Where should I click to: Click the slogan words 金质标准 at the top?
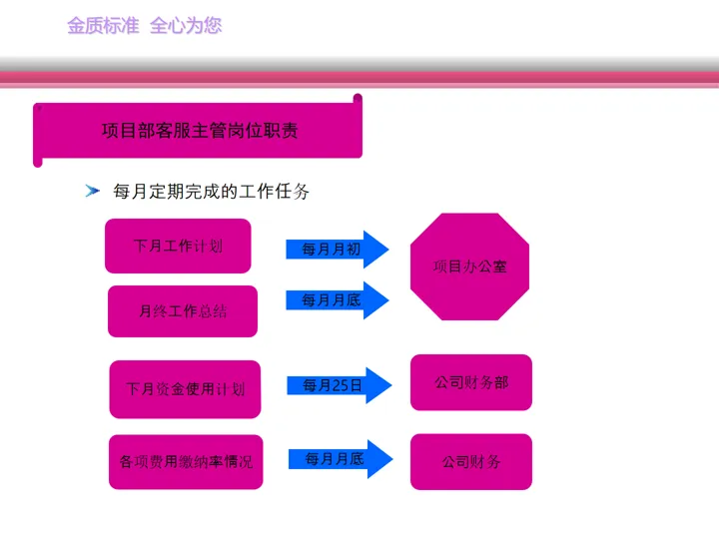point(103,26)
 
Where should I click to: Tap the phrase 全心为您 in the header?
point(186,26)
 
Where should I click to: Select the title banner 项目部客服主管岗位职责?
point(198,130)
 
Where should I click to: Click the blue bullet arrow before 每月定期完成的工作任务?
point(93,191)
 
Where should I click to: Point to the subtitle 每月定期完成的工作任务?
point(212,191)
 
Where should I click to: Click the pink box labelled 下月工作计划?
point(178,246)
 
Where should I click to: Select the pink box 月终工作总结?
point(183,311)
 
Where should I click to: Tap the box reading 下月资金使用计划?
point(185,388)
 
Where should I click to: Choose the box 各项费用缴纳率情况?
point(186,462)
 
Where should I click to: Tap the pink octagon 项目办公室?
point(469,267)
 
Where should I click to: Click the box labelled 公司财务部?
point(471,382)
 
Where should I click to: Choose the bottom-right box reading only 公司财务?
point(471,462)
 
